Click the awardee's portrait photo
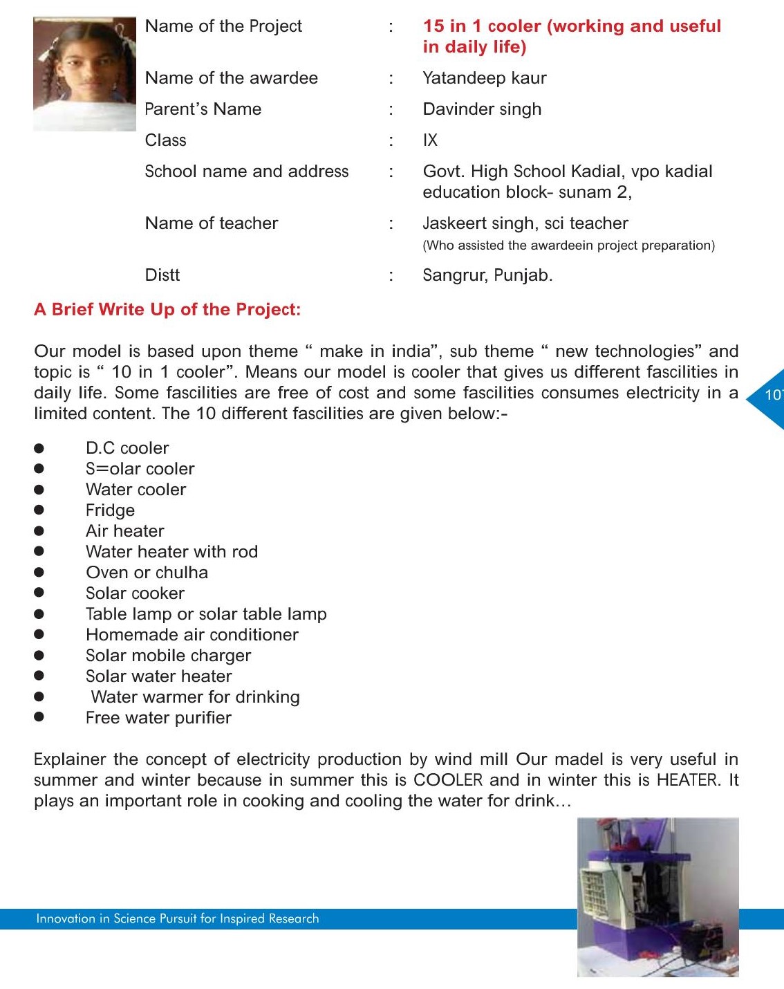pyautogui.click(x=84, y=74)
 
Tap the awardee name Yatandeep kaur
pyautogui.click(x=484, y=78)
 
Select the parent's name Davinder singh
pyautogui.click(x=482, y=109)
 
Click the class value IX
pyautogui.click(x=430, y=140)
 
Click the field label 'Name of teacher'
pyautogui.click(x=212, y=223)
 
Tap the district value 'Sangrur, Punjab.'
pyautogui.click(x=487, y=275)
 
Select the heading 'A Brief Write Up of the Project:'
pyautogui.click(x=167, y=309)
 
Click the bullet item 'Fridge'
pyautogui.click(x=110, y=510)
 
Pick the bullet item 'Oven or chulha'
pyautogui.click(x=147, y=573)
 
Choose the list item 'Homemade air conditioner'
pyautogui.click(x=192, y=635)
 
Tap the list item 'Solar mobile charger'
pyautogui.click(x=168, y=656)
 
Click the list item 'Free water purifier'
pyautogui.click(x=158, y=718)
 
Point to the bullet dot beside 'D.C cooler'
pyautogui.click(x=39, y=448)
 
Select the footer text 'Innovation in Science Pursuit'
pyautogui.click(x=178, y=918)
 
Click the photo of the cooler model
pyautogui.click(x=657, y=897)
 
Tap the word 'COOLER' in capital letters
pyautogui.click(x=448, y=780)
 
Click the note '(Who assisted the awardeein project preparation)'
pyautogui.click(x=568, y=246)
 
